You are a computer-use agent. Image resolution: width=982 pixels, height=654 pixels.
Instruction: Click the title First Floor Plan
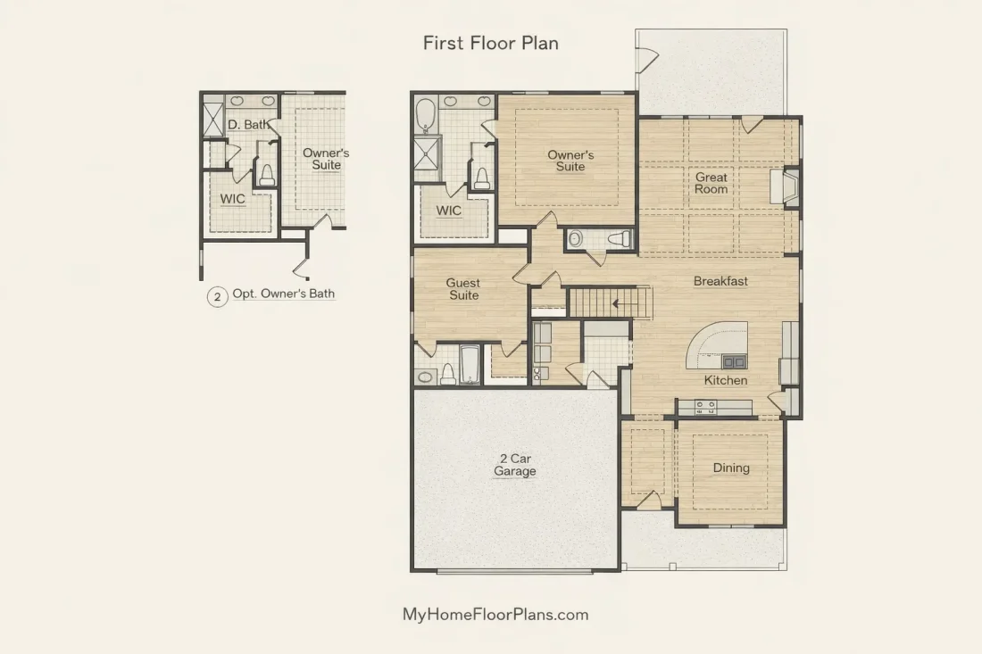490,43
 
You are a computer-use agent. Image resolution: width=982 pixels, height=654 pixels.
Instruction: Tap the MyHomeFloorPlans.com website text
495,615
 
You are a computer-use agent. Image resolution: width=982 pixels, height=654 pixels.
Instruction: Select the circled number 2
217,296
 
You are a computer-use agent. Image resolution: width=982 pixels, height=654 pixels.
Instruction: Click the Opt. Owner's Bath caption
284,294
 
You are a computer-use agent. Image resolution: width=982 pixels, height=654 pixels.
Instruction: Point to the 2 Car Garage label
515,465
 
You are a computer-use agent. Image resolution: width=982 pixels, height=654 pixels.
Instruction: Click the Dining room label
731,468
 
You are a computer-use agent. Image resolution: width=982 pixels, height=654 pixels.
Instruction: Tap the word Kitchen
725,380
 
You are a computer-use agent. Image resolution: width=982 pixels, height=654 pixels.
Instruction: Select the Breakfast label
720,281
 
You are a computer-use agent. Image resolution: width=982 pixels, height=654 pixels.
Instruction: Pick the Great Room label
711,184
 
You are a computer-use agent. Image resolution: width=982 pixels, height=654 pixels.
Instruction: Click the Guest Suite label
463,289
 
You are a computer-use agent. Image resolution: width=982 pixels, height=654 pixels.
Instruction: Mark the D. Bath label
248,125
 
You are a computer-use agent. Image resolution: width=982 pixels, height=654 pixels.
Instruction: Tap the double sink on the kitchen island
734,361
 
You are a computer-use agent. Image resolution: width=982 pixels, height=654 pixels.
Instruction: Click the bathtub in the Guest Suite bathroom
470,364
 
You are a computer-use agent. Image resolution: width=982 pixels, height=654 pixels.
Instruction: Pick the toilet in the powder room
621,238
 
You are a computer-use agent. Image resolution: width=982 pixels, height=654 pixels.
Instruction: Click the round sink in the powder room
576,238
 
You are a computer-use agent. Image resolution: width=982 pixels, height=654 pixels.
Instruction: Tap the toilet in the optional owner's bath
268,175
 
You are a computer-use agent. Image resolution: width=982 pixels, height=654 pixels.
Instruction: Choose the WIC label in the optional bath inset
232,199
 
